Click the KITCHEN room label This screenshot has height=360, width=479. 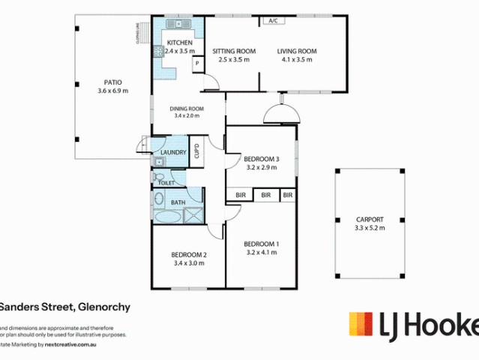[x=179, y=43]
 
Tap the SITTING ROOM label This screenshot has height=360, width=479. [x=233, y=51]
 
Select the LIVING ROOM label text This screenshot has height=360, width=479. [x=297, y=51]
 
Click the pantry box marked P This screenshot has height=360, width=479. [x=196, y=64]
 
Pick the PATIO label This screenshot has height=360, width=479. [x=112, y=82]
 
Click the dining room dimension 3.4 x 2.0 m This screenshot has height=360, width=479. [x=187, y=116]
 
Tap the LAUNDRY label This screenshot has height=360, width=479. [x=173, y=153]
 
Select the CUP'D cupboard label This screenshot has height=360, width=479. [x=196, y=150]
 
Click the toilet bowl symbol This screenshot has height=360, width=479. [x=158, y=180]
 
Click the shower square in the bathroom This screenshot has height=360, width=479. [x=194, y=216]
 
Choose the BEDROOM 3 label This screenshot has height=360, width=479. [x=262, y=159]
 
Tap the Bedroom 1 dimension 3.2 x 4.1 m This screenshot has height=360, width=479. [x=262, y=253]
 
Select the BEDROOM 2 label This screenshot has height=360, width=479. [x=189, y=255]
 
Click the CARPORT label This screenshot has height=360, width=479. [x=369, y=220]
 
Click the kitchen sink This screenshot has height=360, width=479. [x=158, y=52]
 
